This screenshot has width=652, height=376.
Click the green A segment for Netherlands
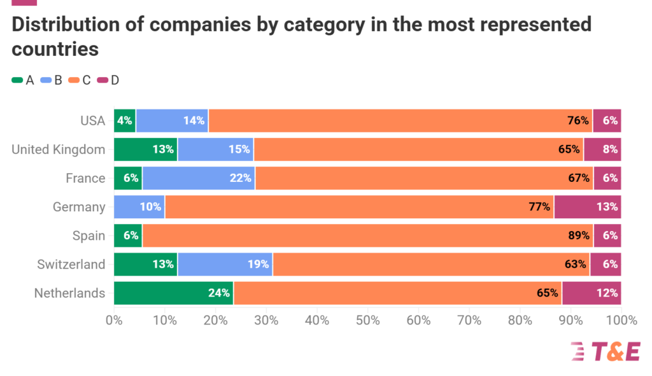point(173,293)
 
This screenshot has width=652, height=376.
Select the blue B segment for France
point(198,178)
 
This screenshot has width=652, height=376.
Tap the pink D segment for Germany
point(587,207)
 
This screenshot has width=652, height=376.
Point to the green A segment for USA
point(125,121)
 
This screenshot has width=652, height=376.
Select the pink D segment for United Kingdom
point(602,150)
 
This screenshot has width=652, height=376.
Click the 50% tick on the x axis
point(367,320)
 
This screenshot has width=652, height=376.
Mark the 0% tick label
point(114,320)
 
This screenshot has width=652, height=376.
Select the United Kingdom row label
point(59,150)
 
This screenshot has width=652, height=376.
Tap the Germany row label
point(79,207)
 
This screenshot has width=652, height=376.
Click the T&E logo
point(605,351)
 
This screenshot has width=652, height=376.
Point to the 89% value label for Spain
point(578,235)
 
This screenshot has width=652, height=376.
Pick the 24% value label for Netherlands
point(218,293)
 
